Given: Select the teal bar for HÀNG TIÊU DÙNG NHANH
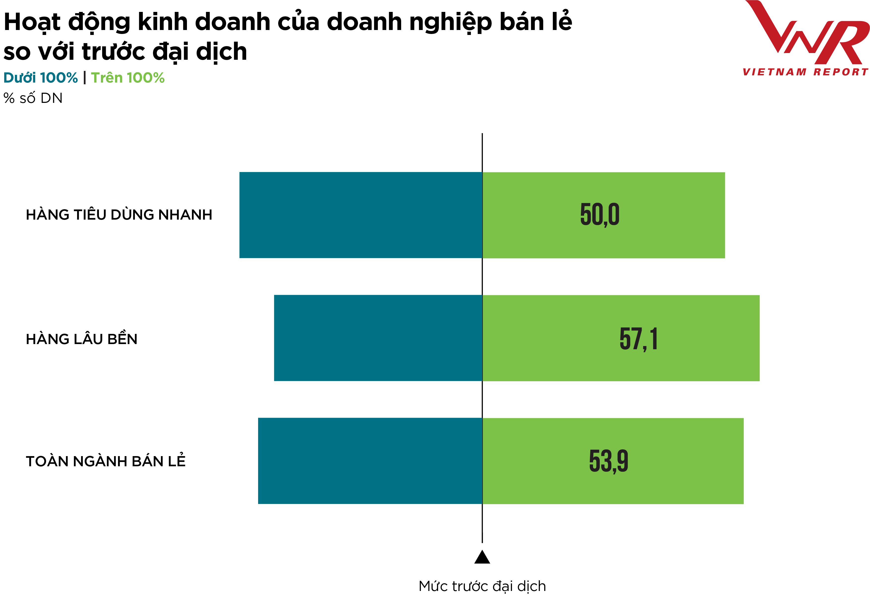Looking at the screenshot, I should click(x=360, y=215).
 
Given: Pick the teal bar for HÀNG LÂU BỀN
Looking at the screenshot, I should click(x=378, y=338).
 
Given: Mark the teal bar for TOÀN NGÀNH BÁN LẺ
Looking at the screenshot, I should click(x=370, y=461).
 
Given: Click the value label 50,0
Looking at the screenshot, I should click(x=600, y=215).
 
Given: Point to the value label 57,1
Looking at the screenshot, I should click(x=639, y=339).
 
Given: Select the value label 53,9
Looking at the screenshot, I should click(x=608, y=461).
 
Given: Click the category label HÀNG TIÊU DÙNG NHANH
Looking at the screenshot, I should click(x=119, y=215).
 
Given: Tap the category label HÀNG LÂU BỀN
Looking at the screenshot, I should click(x=82, y=339).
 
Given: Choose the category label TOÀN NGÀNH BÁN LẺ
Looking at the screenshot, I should click(x=106, y=461).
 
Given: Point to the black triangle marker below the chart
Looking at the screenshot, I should click(x=482, y=558).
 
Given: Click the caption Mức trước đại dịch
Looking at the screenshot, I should click(x=482, y=586).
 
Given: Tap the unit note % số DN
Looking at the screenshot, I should click(x=33, y=98).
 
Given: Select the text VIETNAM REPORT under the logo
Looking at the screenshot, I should click(x=805, y=72).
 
